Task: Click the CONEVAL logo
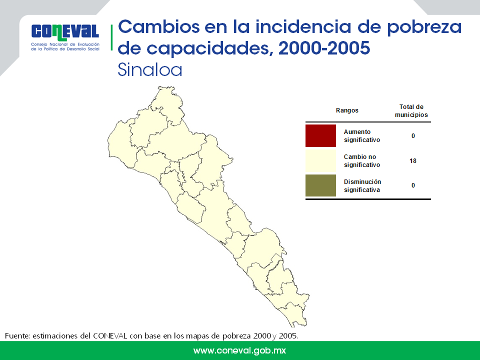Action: click(x=65, y=37)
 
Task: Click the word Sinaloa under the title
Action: click(x=149, y=70)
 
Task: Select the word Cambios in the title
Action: click(x=159, y=26)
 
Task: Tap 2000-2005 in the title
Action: click(x=324, y=48)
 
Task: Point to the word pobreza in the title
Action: click(x=424, y=27)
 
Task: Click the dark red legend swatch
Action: click(x=320, y=135)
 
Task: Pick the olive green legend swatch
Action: click(x=320, y=185)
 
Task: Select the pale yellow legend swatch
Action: click(x=320, y=160)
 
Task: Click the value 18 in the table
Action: click(x=413, y=160)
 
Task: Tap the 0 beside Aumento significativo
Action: click(x=413, y=136)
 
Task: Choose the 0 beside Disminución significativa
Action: click(x=413, y=185)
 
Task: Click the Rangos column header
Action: click(x=347, y=110)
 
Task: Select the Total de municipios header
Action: click(x=411, y=111)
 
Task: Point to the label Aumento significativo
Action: click(x=362, y=136)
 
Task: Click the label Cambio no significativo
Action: click(x=362, y=160)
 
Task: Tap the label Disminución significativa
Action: click(x=362, y=186)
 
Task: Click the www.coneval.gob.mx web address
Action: click(x=239, y=350)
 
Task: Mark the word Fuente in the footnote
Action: click(x=17, y=336)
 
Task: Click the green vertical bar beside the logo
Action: click(x=111, y=37)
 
